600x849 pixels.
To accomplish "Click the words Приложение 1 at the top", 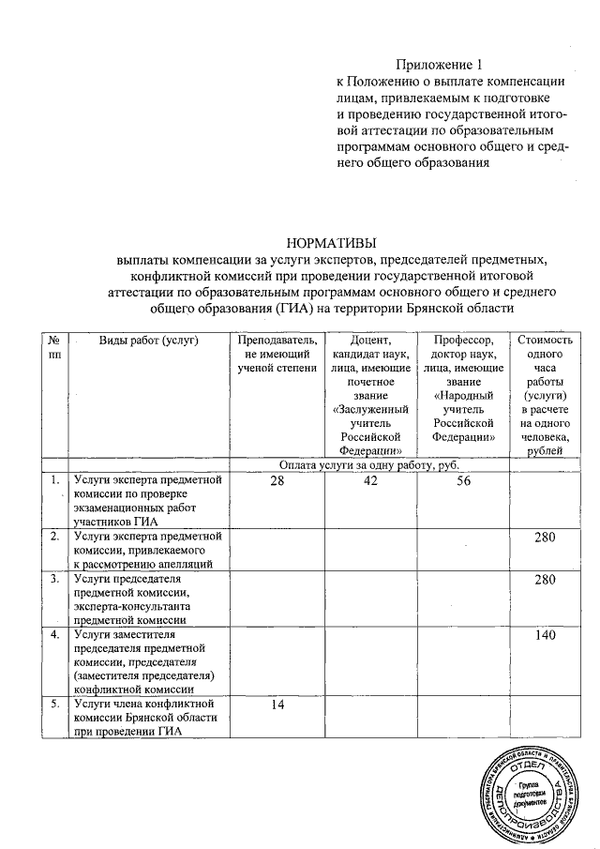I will click(439, 65).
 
